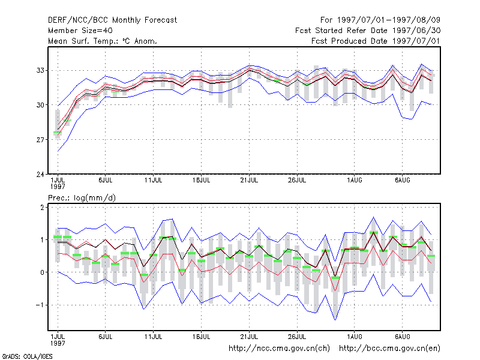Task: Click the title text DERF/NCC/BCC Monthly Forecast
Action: click(x=112, y=20)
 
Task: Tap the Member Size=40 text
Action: click(x=80, y=31)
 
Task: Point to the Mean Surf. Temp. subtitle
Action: click(x=103, y=41)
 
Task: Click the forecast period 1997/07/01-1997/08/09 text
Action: click(x=380, y=20)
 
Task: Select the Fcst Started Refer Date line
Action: click(x=368, y=31)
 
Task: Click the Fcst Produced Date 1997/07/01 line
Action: click(x=376, y=41)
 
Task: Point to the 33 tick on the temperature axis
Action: click(x=40, y=70)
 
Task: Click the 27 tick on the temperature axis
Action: click(x=40, y=140)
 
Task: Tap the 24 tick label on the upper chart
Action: click(x=40, y=175)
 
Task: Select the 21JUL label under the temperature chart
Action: click(x=249, y=181)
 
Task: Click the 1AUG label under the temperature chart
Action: click(x=355, y=181)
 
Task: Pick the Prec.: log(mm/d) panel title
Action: click(x=82, y=198)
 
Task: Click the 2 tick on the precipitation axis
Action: click(x=42, y=207)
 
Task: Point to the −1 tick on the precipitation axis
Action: click(x=40, y=305)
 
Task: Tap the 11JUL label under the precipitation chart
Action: click(x=153, y=337)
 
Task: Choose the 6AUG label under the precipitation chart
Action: click(x=402, y=337)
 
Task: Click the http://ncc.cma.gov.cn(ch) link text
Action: click(x=279, y=349)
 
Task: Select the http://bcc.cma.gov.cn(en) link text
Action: click(x=389, y=349)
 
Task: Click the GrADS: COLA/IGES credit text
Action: click(x=27, y=356)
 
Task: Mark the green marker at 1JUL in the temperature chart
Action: click(x=57, y=132)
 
